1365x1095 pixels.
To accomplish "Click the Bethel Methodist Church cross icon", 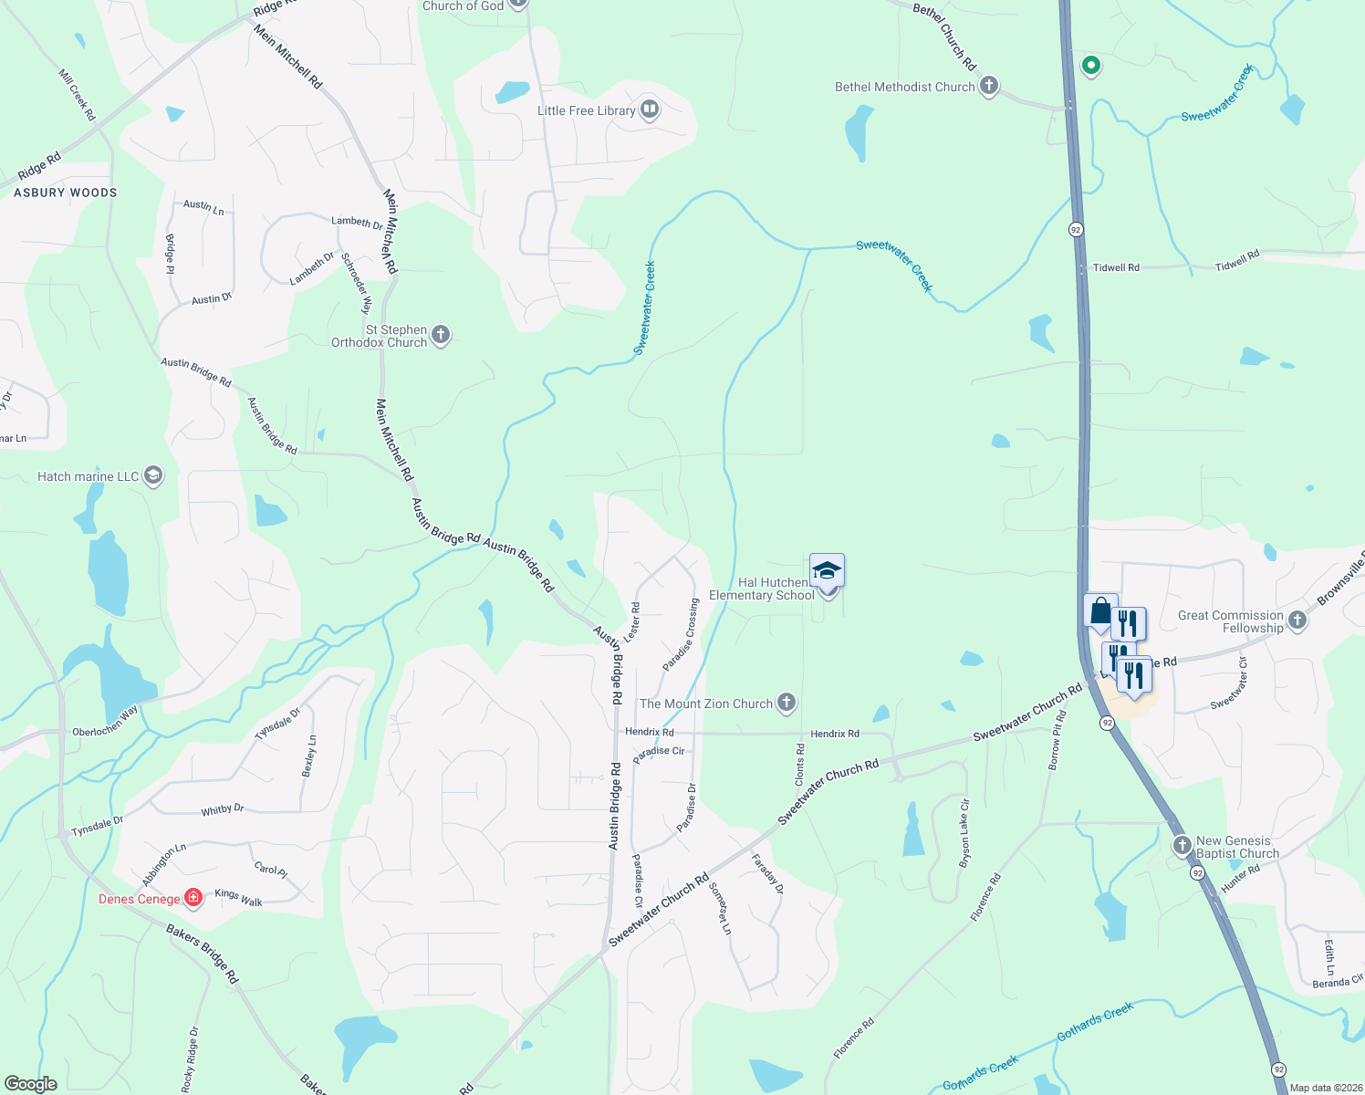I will pos(988,87).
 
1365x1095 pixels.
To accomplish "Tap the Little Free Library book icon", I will pos(650,110).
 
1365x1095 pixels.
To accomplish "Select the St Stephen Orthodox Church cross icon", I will pos(441,335).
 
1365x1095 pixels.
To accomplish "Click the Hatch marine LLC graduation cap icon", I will pos(153,476).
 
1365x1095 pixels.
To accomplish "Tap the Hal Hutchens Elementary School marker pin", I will pos(827,572).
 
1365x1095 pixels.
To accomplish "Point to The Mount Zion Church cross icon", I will pos(787,703).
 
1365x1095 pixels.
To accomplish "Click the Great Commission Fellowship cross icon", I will pos(1297,620).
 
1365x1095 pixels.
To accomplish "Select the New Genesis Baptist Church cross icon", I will pos(1183,846).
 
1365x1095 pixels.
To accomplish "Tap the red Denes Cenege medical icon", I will pos(193,899).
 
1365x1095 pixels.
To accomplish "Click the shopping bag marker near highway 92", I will pos(1100,611).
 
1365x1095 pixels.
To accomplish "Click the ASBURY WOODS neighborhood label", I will pos(66,193).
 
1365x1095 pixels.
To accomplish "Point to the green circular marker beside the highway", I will pos(1090,66).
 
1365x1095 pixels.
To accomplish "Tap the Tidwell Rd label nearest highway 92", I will pos(1116,267).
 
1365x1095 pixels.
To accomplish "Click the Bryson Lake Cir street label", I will pos(964,833).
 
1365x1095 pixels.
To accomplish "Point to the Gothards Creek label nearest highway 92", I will pos(1095,1022).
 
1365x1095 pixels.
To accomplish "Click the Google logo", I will pos(31,1084).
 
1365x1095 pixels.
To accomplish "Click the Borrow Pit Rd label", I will pos(1057,740).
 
